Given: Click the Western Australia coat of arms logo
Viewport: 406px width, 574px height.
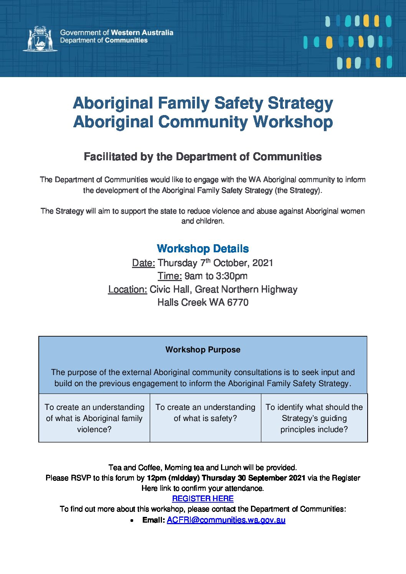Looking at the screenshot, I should (40, 38).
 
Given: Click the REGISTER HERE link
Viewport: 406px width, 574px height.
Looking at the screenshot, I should (203, 498).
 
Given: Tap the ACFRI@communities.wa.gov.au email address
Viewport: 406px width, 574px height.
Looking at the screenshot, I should (226, 520).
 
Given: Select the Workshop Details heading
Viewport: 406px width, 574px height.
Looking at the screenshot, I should (203, 248).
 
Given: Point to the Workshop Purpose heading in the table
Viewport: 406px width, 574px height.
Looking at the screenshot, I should (203, 350).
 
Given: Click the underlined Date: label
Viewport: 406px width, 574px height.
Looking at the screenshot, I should (144, 263).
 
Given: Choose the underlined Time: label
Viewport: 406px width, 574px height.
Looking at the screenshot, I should (170, 276).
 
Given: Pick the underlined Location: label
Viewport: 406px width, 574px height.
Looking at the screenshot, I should (127, 289).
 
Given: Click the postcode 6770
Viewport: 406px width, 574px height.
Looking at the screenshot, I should (238, 303).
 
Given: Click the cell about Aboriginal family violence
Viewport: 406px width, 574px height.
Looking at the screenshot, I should (94, 418).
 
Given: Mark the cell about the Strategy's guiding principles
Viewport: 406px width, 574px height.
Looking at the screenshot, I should (314, 418).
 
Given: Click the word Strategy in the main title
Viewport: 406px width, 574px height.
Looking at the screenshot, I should (300, 103).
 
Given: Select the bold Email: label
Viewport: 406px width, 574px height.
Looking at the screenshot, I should (153, 520).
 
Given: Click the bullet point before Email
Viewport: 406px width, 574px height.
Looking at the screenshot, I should (132, 521).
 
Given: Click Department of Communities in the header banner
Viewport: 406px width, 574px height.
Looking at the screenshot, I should (104, 40).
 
